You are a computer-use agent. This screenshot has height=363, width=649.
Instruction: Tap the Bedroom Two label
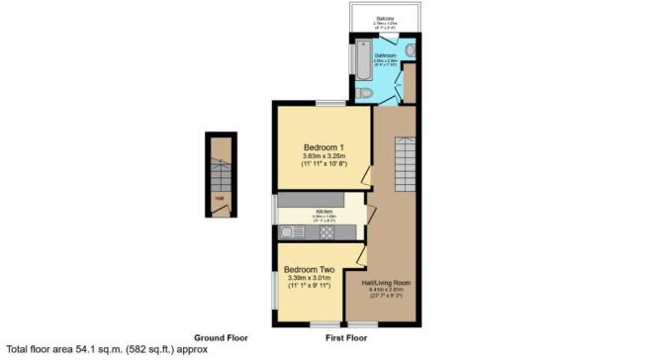pos(309,269)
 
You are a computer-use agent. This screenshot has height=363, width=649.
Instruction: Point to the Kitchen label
pos(324,212)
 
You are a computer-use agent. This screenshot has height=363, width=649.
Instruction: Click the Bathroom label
pos(385,55)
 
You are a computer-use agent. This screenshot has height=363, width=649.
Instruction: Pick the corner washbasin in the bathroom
pos(410,48)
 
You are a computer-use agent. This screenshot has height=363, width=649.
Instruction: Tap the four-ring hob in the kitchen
pos(326,233)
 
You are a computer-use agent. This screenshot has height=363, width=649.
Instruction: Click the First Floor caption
pos(346,337)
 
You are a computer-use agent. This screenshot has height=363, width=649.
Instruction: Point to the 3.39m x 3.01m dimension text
pos(309,278)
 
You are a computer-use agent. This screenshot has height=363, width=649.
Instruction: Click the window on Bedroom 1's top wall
pos(329,103)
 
